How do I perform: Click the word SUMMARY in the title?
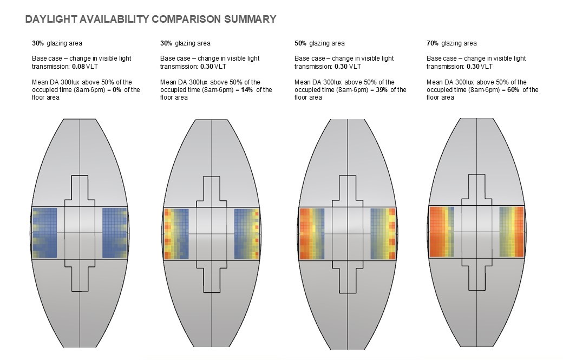pyautogui.click(x=250, y=19)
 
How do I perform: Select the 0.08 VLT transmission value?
pyautogui.click(x=85, y=67)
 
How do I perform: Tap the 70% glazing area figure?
pyautogui.click(x=433, y=43)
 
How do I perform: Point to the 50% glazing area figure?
pyautogui.click(x=300, y=43)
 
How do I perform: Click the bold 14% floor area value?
pyautogui.click(x=247, y=90)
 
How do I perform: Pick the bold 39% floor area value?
pyautogui.click(x=381, y=90)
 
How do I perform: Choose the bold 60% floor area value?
pyautogui.click(x=513, y=90)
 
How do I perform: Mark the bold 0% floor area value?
pyautogui.click(x=117, y=90)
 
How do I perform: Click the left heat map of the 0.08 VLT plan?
pyautogui.click(x=44, y=233)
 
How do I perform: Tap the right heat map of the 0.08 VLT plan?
pyautogui.click(x=115, y=233)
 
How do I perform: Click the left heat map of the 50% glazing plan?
pyautogui.click(x=312, y=234)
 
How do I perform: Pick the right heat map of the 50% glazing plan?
pyautogui.click(x=383, y=234)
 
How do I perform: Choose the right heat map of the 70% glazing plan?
pyautogui.click(x=512, y=232)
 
